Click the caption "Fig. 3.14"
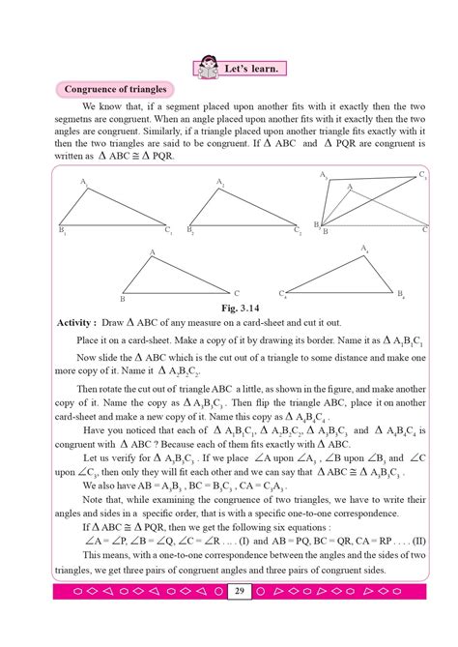point(228,309)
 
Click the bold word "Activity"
point(77,322)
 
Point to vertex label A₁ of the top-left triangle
point(85,183)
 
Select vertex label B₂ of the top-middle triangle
point(190,232)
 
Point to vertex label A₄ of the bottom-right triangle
point(364,250)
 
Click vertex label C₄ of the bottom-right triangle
point(283,294)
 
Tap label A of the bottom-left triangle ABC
point(152,253)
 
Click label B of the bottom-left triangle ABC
point(123,299)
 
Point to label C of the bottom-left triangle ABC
point(237,292)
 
